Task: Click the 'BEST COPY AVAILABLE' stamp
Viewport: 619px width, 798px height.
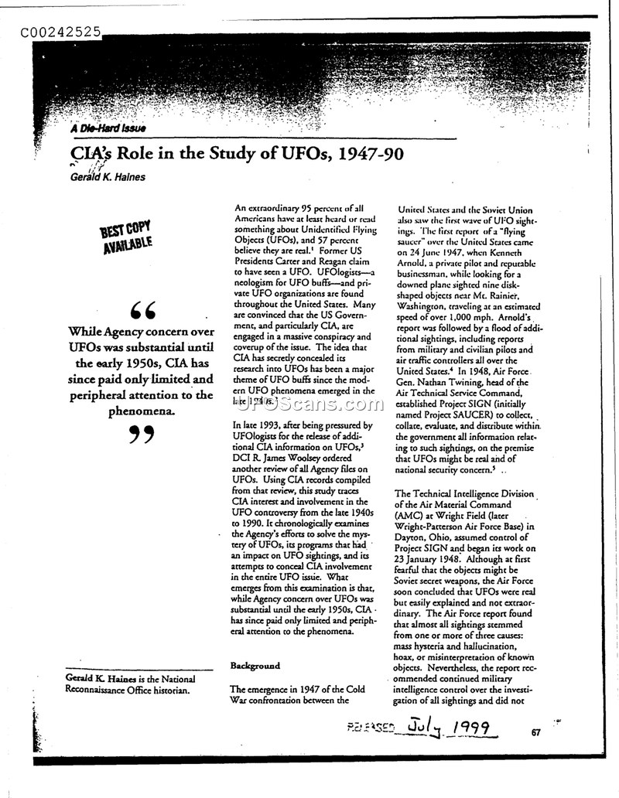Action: (125, 237)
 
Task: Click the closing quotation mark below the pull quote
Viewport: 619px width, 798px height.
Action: (141, 435)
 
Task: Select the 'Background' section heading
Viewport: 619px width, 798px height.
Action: (255, 666)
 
